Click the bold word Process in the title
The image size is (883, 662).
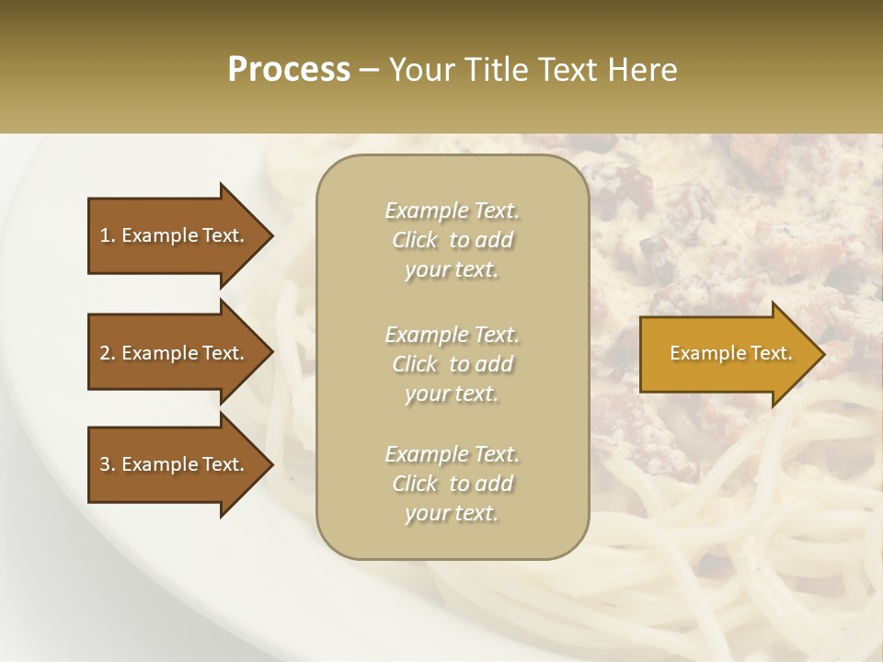[289, 70]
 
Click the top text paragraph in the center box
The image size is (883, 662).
[452, 240]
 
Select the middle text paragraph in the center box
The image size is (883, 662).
[452, 364]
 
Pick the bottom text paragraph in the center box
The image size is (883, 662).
[452, 484]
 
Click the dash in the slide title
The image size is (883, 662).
[370, 71]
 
